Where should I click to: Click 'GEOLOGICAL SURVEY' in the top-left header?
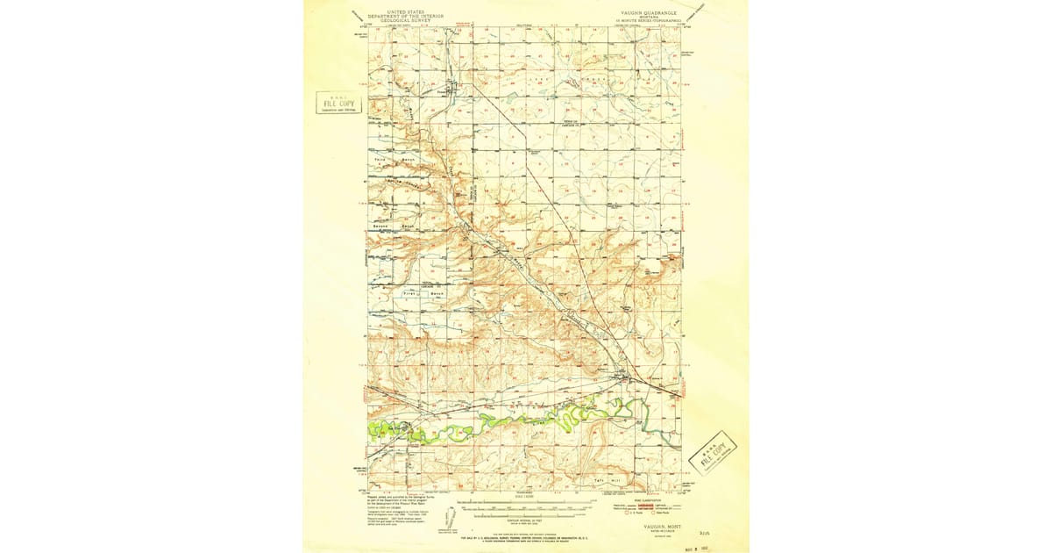click(x=406, y=20)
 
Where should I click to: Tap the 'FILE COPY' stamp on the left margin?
click(x=339, y=103)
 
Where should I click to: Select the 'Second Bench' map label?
click(x=394, y=226)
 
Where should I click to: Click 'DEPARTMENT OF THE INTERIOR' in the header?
click(x=406, y=16)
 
